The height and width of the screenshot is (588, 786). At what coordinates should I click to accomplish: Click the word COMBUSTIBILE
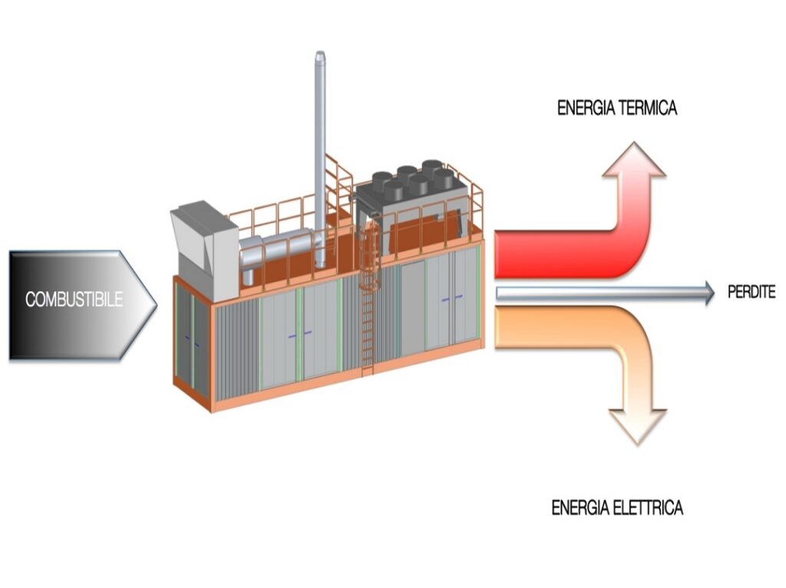click(74, 299)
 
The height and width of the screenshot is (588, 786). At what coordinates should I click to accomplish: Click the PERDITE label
click(751, 292)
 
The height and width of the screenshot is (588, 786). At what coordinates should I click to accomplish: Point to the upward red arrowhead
click(634, 160)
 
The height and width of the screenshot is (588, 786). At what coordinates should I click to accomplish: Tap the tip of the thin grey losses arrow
click(715, 293)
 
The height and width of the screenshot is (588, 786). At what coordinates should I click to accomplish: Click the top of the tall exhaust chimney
click(320, 53)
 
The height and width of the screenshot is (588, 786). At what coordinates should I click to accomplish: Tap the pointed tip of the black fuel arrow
click(157, 304)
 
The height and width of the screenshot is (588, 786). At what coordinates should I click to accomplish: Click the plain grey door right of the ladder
click(412, 308)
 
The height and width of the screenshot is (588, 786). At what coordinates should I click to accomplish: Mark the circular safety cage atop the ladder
click(370, 256)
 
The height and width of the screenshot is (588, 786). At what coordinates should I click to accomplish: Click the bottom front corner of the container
click(211, 411)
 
